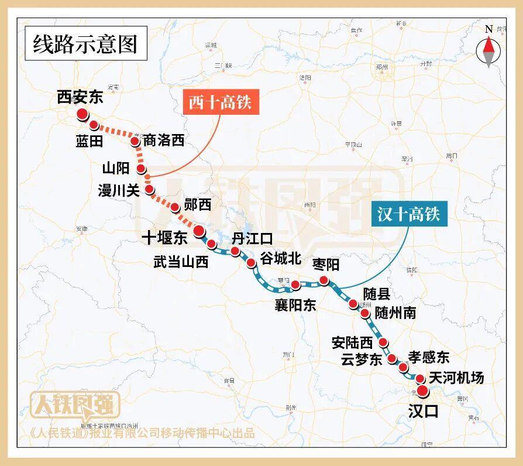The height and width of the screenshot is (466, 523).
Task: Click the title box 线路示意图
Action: [x=85, y=44]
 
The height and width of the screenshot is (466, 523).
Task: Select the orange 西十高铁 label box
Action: [x=219, y=103]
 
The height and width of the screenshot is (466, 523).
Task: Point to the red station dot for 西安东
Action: [x=82, y=114]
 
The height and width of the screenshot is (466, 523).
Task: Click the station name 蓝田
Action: [x=89, y=141]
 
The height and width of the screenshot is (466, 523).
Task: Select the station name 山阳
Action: [x=115, y=169]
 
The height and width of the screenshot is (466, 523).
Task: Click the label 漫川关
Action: [x=118, y=190]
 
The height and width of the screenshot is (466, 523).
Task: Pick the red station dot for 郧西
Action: [x=174, y=207]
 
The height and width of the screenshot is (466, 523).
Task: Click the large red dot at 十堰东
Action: [x=199, y=230]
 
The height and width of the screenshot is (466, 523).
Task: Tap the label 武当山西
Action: [x=181, y=262]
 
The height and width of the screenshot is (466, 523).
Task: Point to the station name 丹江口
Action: [x=252, y=238]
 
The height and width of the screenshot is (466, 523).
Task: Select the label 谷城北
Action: [x=281, y=258]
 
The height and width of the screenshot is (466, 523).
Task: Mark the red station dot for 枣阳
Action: [x=324, y=281]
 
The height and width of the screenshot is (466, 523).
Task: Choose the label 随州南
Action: [x=395, y=312]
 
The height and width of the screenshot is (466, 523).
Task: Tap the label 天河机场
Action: [x=456, y=378]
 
